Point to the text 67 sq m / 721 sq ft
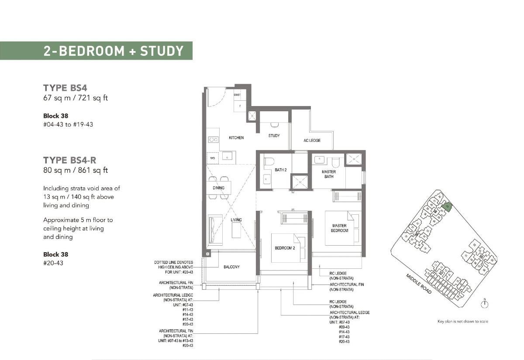[x=75, y=98]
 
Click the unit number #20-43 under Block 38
[x=53, y=263]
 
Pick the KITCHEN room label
[x=236, y=138]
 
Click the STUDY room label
[x=274, y=136]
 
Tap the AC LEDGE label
[x=312, y=141]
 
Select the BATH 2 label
[x=281, y=170]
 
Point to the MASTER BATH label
[x=329, y=174]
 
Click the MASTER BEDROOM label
[x=339, y=228]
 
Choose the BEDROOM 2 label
[x=285, y=248]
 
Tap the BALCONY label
[x=231, y=267]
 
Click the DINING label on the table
[x=218, y=188]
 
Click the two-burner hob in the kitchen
[x=214, y=140]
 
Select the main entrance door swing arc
[x=215, y=97]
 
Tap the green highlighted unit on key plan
[x=447, y=206]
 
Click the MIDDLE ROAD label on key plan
[x=418, y=284]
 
